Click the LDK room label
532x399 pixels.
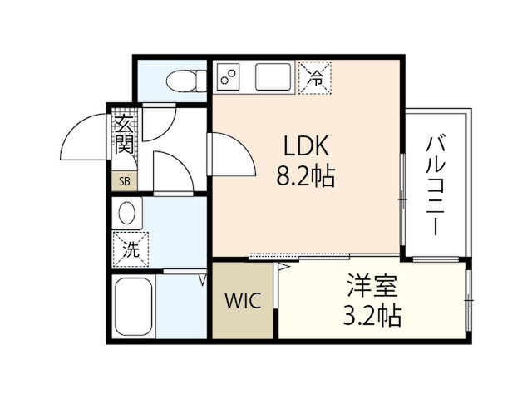[x=308, y=146]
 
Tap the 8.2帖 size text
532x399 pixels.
[x=308, y=175]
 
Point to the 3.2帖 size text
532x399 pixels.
[x=372, y=316]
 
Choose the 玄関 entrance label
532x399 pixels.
[x=124, y=135]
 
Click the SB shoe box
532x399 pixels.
[x=124, y=181]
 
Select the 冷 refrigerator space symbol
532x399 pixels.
[x=315, y=78]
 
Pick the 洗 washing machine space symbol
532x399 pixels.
[x=131, y=248]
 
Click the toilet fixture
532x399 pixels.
[x=184, y=80]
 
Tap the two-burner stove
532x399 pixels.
[x=228, y=77]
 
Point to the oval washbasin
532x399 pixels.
[x=128, y=214]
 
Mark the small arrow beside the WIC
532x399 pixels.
[x=283, y=268]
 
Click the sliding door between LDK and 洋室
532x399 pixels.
[x=299, y=255]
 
